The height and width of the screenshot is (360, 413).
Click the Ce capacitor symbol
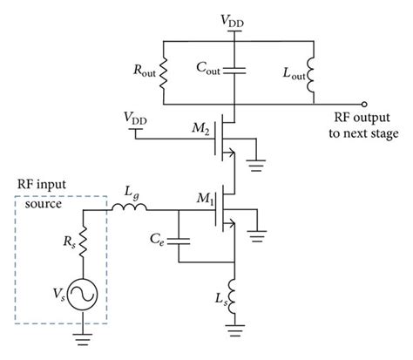(180, 236)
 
